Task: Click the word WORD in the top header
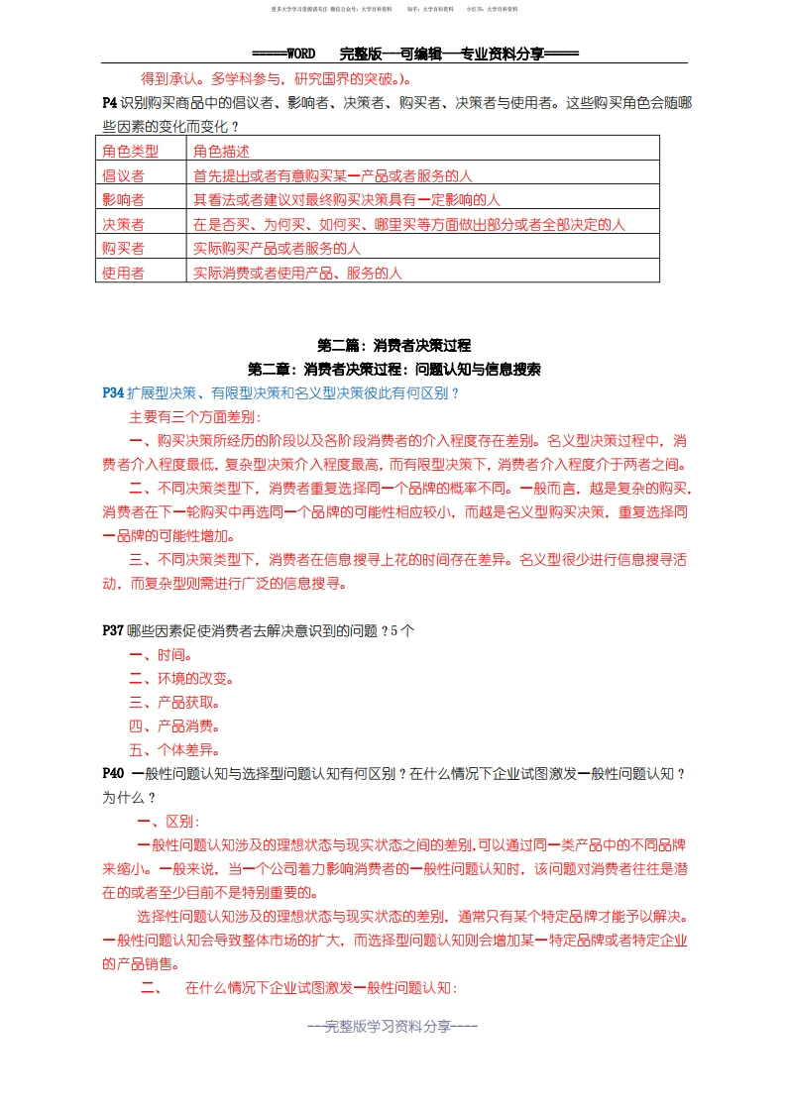point(298,55)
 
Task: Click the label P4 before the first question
point(109,102)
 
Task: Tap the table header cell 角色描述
point(221,151)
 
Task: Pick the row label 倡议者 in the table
point(123,175)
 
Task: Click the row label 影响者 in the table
point(123,199)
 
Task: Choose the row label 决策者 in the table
point(123,224)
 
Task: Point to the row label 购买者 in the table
point(123,248)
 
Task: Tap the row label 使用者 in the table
point(123,273)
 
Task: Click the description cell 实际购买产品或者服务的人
point(277,248)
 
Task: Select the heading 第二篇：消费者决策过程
point(393,346)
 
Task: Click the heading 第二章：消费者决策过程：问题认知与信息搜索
point(393,369)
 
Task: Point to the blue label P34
point(113,392)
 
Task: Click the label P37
point(113,630)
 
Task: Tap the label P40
point(113,773)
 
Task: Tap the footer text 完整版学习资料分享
point(393,1027)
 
